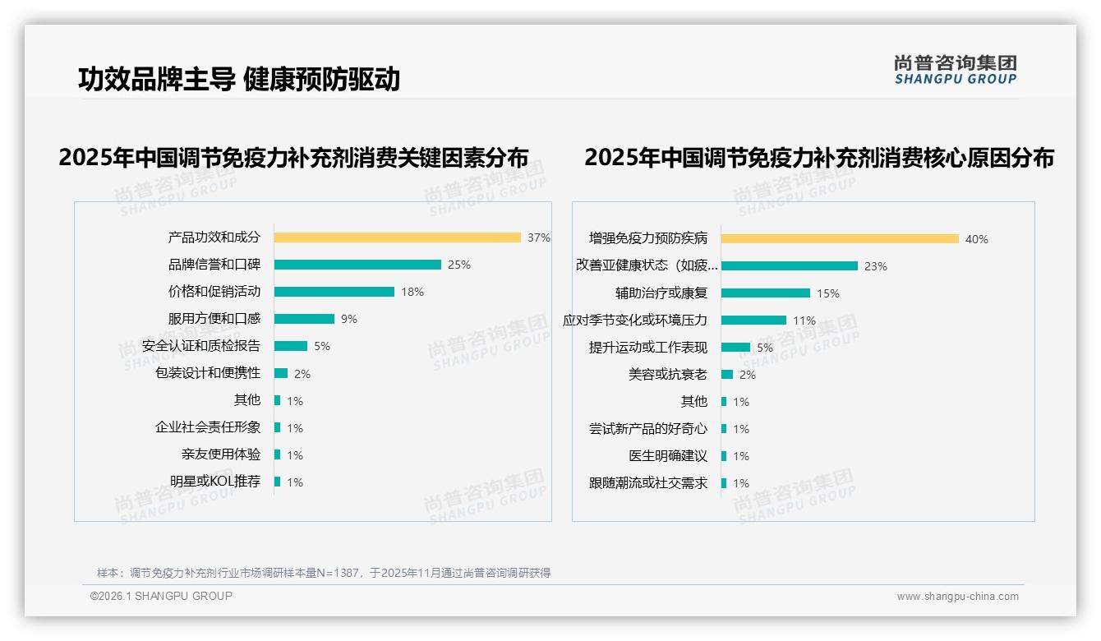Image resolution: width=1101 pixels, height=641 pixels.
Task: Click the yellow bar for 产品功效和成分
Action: pos(397,237)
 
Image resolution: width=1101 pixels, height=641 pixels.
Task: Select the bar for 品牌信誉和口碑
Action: pos(357,265)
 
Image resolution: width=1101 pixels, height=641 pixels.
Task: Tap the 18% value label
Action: pos(412,292)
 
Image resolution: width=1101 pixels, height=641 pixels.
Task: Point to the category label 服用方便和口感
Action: pos(214,318)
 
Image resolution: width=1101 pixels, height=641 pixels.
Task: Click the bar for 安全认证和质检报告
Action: pos(290,346)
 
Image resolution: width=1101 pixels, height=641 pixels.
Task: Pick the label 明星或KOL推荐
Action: pos(215,482)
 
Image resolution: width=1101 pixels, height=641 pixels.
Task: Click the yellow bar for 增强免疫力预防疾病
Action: pos(840,239)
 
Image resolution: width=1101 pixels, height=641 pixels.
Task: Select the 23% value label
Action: pos(876,266)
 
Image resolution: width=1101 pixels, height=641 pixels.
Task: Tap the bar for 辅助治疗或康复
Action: pos(765,293)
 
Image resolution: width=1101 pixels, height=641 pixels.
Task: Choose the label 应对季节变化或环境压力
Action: pos(634,320)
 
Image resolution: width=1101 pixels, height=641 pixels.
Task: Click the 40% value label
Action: pos(977,239)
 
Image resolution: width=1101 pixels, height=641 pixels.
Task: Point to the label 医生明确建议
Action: pos(668,455)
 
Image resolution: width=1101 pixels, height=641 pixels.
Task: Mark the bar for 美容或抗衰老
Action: pos(727,375)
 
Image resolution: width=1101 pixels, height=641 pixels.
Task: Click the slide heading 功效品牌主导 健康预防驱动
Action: pos(239,79)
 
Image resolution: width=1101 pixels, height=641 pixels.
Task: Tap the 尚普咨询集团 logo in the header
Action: pos(956,70)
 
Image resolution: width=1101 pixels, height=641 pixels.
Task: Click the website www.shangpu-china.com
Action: pos(957,597)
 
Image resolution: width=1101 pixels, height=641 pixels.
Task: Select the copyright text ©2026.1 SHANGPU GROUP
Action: pos(161,596)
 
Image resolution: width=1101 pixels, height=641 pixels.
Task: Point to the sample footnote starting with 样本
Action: pos(324,573)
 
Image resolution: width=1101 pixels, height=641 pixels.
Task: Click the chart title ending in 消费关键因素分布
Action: pos(293,157)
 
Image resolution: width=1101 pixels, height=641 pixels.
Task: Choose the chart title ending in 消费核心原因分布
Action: pos(819,157)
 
